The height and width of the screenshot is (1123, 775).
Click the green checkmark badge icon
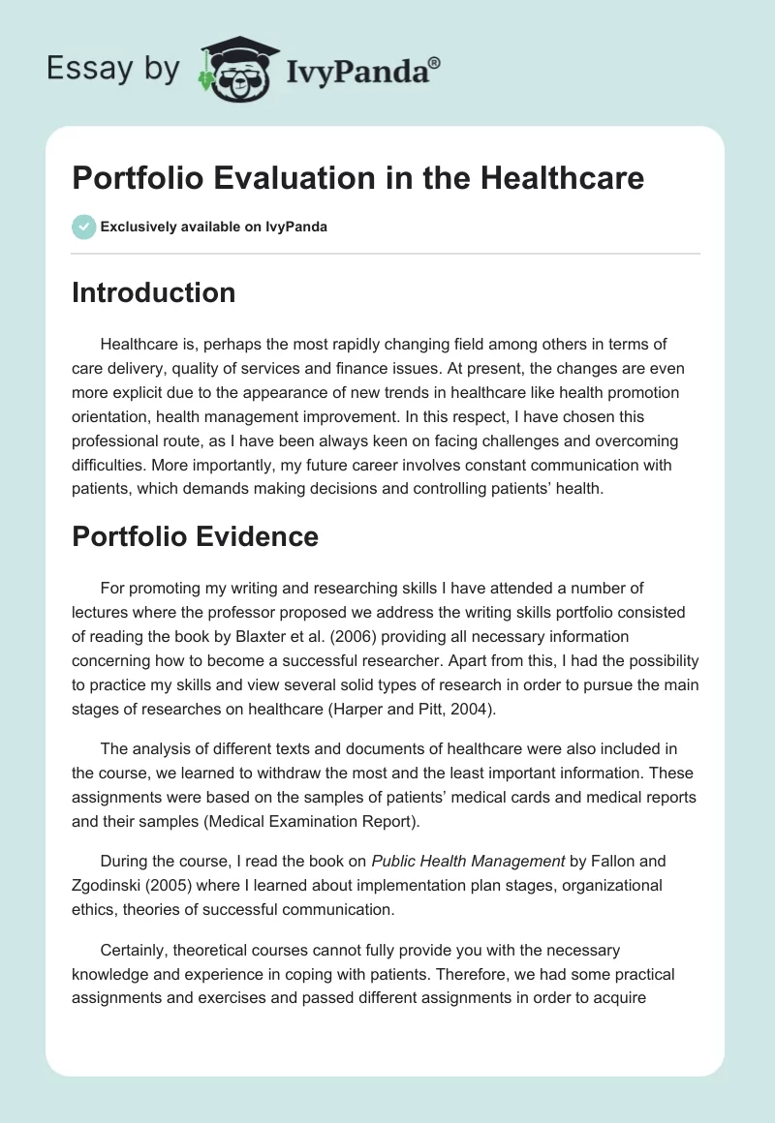pyautogui.click(x=83, y=227)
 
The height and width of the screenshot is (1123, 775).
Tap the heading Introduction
pyautogui.click(x=153, y=292)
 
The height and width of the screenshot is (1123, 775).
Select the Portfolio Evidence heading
pyautogui.click(x=195, y=536)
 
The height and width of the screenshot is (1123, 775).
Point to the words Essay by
pyautogui.click(x=113, y=69)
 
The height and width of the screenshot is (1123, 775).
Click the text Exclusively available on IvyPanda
pyautogui.click(x=214, y=228)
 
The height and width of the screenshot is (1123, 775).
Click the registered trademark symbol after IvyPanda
pyautogui.click(x=435, y=61)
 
